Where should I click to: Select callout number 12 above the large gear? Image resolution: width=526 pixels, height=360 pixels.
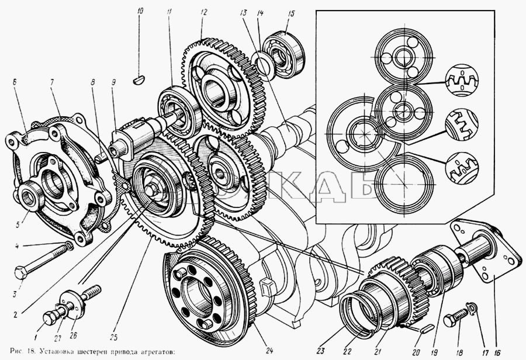click(x=203, y=11)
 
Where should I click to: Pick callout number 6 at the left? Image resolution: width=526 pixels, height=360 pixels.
click(x=13, y=84)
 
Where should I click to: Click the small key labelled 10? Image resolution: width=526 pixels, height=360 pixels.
click(x=140, y=78)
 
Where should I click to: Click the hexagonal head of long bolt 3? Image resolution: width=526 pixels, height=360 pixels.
click(x=22, y=272)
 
